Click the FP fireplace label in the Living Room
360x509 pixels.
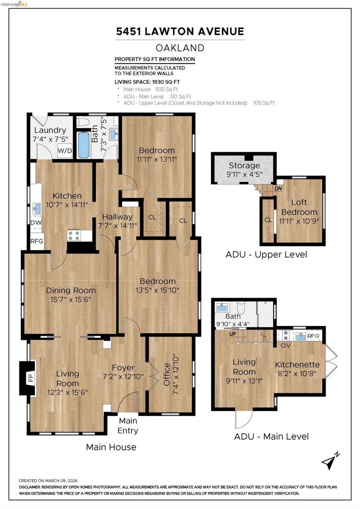[31, 378]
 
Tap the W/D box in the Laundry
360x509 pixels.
[65, 151]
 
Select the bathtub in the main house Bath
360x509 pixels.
[84, 145]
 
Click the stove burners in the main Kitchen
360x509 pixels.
[74, 235]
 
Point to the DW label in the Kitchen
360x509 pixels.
[36, 222]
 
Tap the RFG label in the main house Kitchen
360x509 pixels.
[37, 242]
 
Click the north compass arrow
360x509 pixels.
[331, 461]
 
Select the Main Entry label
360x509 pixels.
[128, 425]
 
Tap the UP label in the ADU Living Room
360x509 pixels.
[232, 334]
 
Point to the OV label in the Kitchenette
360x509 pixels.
[285, 345]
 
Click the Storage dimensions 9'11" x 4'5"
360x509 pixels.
[244, 174]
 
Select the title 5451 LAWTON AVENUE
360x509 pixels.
[180, 31]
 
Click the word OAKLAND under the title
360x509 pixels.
[180, 48]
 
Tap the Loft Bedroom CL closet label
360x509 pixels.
[268, 220]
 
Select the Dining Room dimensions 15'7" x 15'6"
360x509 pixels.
[71, 299]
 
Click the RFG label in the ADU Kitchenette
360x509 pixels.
[313, 336]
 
